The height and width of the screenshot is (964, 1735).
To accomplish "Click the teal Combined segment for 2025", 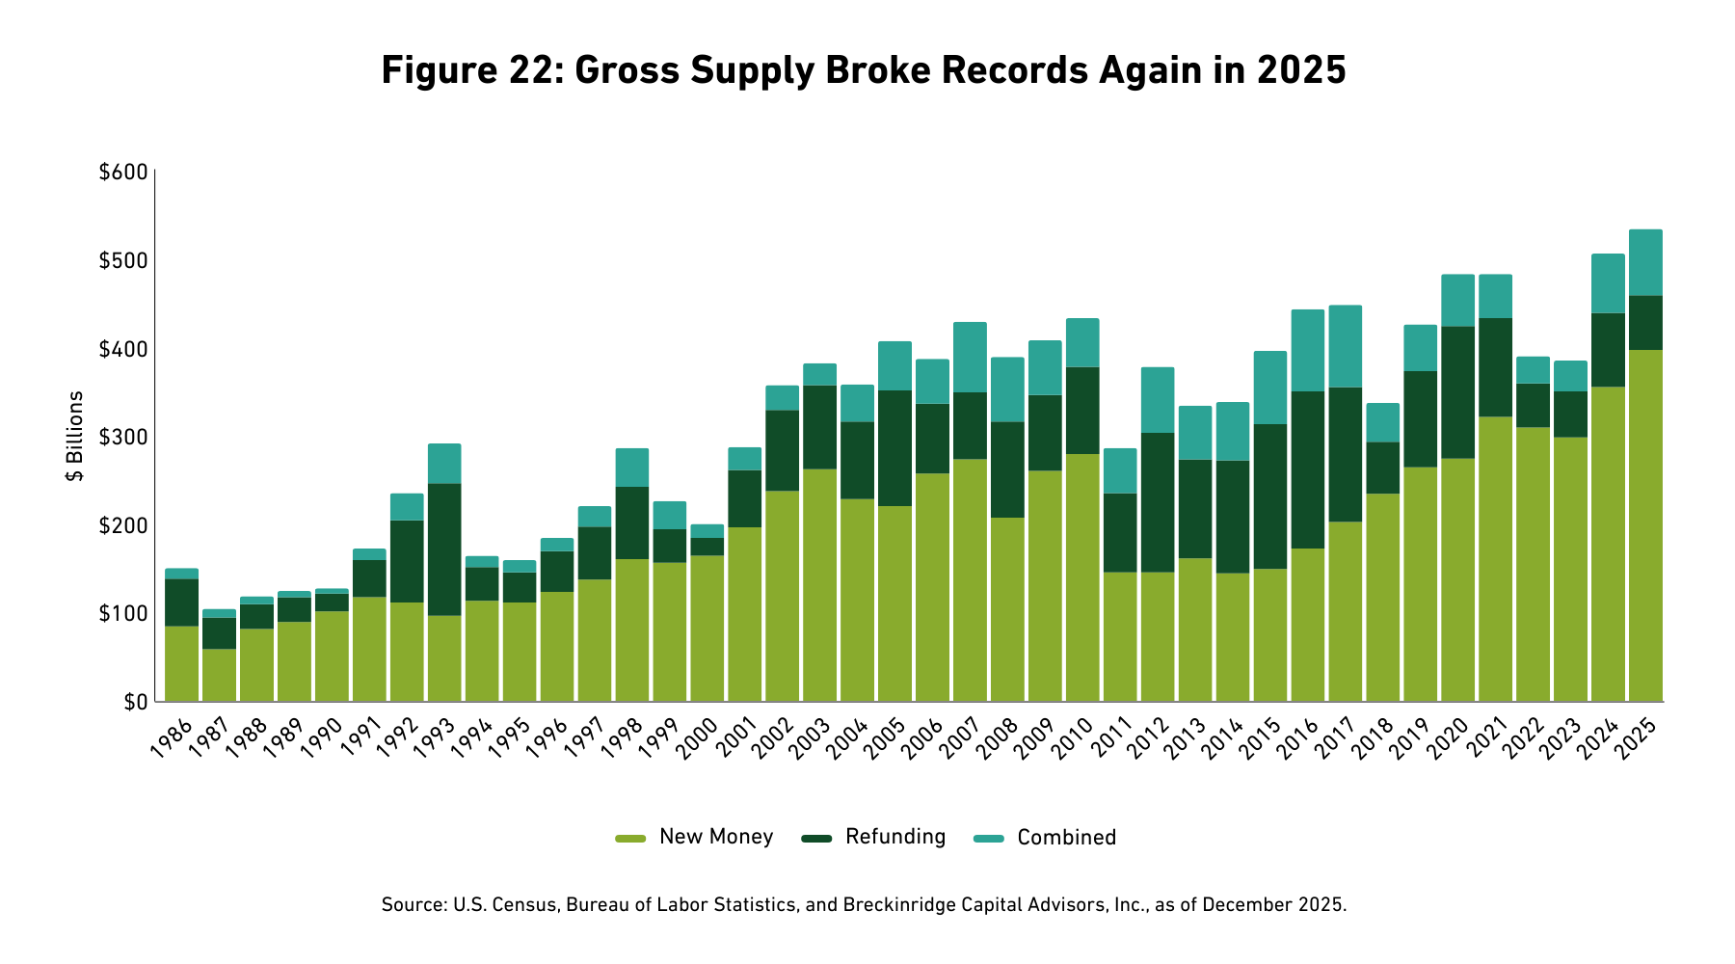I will click(x=1645, y=262).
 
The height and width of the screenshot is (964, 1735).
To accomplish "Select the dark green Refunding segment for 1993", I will click(x=444, y=549).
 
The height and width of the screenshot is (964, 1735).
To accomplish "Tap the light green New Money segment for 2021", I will click(x=1495, y=559).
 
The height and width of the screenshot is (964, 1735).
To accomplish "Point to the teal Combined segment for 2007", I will click(x=970, y=357).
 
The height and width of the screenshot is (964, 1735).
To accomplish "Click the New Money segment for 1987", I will click(x=219, y=675).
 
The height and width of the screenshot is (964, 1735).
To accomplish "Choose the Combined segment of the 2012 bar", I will click(x=1157, y=400).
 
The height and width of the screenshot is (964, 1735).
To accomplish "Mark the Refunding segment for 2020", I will click(x=1457, y=392).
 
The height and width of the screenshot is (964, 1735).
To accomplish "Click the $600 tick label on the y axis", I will click(x=122, y=173).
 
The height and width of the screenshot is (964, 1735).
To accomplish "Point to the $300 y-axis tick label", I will click(x=122, y=438).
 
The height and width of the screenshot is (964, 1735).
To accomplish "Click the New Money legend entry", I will click(x=715, y=837).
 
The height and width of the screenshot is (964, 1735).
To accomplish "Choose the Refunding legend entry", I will click(x=894, y=837).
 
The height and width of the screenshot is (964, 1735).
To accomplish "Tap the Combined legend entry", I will click(x=1066, y=838).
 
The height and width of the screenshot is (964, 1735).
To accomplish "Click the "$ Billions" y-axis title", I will click(x=75, y=437).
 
